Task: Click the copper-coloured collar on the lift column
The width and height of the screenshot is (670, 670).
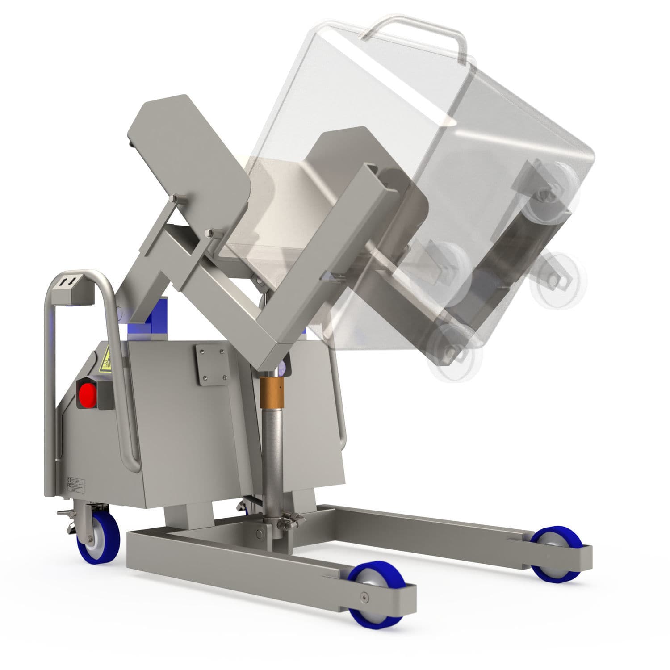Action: (272, 392)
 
